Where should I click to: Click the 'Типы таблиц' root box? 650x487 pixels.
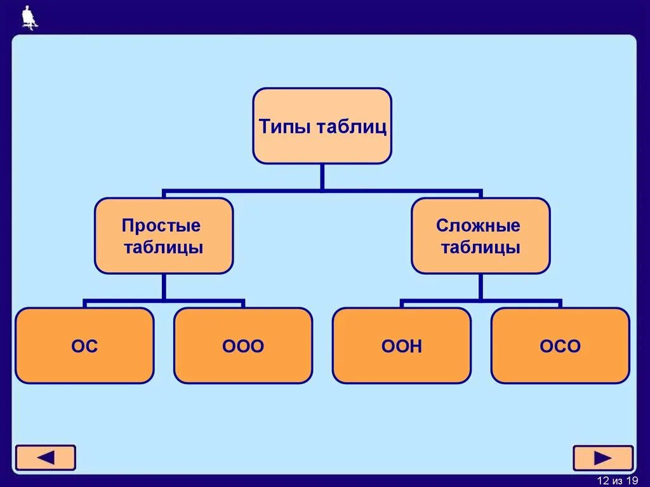322,126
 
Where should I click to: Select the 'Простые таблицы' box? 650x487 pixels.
163,236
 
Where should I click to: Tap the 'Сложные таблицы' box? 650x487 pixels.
481,236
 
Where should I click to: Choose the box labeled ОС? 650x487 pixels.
84,346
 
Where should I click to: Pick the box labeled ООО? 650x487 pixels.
243,346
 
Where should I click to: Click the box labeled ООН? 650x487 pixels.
402,346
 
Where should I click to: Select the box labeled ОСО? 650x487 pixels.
560,346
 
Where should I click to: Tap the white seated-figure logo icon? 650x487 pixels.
29,17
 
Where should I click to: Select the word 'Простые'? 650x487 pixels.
161,225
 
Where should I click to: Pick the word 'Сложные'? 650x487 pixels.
478,225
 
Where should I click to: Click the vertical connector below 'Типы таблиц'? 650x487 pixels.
322,177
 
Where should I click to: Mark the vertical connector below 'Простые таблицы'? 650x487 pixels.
163,286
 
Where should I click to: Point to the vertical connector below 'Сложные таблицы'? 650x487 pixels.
481,286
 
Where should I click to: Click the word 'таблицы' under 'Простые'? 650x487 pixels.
164,247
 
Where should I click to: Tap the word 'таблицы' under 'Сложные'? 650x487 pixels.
481,247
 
